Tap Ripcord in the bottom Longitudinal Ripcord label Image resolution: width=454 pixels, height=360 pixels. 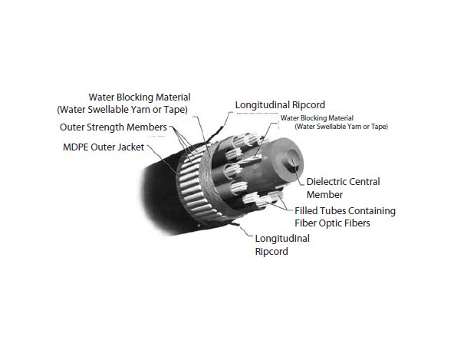[271, 251]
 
